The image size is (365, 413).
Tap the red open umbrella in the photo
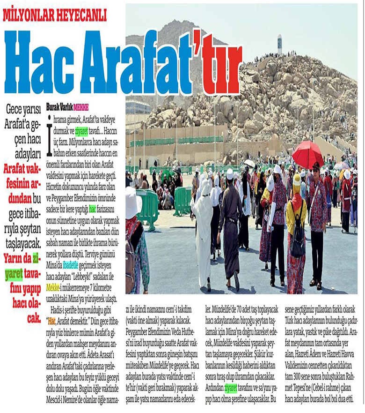[307, 155]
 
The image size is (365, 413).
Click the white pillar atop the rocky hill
[279, 44]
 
